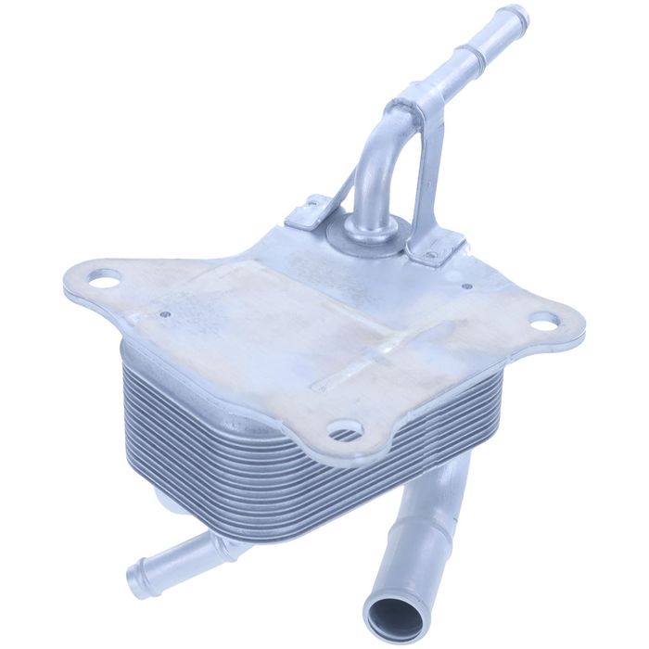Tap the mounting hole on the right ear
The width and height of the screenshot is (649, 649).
tap(545, 322)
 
